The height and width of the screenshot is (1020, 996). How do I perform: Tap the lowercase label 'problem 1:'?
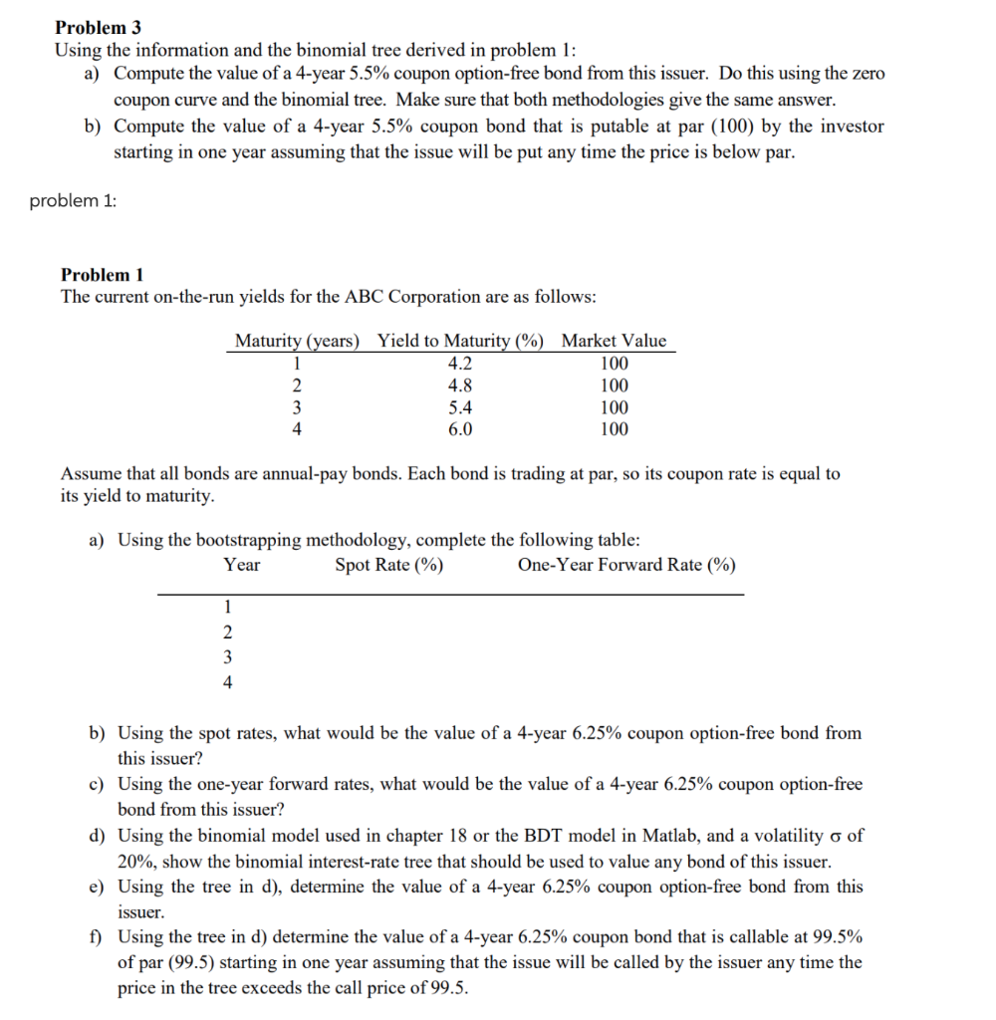pos(72,201)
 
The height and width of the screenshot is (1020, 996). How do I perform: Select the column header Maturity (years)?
pos(296,341)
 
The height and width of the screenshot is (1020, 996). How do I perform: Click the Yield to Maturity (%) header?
pos(460,341)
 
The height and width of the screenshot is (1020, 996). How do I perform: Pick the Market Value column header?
pos(614,341)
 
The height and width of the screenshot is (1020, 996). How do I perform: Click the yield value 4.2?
pos(460,363)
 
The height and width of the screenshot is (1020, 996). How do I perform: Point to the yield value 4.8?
pos(460,385)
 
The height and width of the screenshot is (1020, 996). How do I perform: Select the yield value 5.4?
pos(460,407)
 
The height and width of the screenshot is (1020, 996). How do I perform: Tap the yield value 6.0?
pos(460,429)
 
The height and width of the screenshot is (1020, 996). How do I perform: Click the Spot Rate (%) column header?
pos(389,566)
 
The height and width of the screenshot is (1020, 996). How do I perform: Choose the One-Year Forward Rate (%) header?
pos(626,566)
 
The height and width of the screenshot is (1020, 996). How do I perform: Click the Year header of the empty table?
pos(241,566)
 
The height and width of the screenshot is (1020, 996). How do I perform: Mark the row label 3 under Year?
pos(227,656)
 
